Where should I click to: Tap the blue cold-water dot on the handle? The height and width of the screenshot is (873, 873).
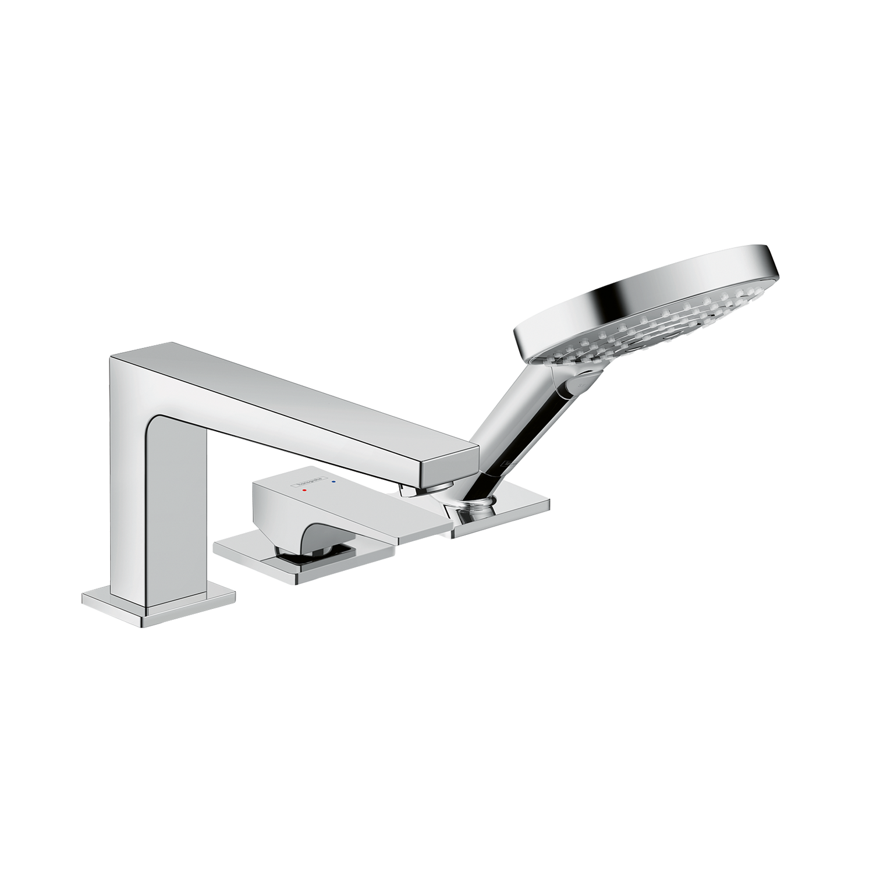pos(333,482)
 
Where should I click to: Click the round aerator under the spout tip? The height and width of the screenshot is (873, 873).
pos(442,487)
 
